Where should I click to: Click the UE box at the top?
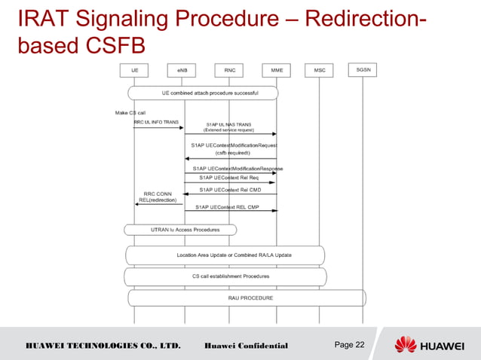(134, 70)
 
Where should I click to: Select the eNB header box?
(182, 70)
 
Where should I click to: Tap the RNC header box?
(228, 70)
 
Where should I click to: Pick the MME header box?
(276, 70)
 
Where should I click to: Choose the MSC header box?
(319, 70)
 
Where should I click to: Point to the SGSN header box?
(363, 70)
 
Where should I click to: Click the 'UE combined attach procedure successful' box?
(204, 93)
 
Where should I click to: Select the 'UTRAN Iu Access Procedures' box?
(181, 229)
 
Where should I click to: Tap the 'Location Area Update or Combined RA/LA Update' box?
(225, 255)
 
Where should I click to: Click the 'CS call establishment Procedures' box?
(225, 276)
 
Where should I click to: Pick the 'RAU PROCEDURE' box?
(247, 298)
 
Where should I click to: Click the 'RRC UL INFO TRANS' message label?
(156, 121)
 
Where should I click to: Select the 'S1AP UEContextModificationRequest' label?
(234, 145)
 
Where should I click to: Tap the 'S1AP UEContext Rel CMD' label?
(230, 190)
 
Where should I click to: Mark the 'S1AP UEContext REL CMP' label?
(229, 206)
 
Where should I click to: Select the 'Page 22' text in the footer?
(349, 345)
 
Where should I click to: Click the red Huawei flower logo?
(405, 345)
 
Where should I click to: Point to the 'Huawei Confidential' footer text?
(247, 346)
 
